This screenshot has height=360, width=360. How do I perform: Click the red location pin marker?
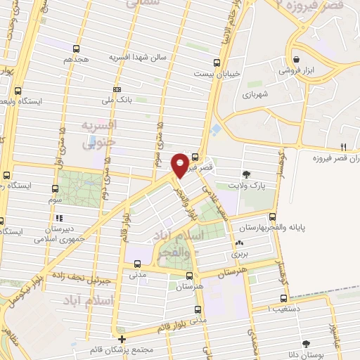181,165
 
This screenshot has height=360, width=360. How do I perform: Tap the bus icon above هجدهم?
76,49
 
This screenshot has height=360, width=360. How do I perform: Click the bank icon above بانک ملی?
117,89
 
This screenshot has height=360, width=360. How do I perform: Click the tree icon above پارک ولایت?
245,174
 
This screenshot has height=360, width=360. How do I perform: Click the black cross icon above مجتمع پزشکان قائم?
122,338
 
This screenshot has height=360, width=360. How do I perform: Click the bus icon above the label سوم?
56,188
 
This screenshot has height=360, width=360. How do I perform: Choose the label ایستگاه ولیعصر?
41,101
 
